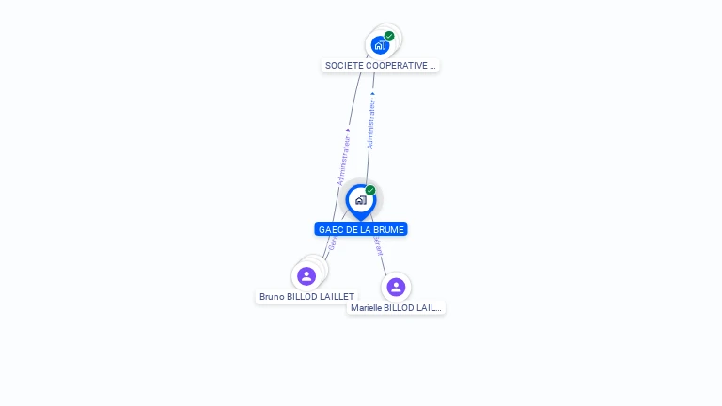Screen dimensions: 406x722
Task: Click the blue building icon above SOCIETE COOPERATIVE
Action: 380,45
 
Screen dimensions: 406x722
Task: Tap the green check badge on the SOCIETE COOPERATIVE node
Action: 389,37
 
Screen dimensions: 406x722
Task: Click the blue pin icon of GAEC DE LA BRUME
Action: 360,200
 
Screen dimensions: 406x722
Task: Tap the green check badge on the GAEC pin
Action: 370,191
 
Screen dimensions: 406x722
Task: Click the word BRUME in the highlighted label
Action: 388,229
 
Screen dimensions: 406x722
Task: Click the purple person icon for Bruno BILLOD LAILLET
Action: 306,276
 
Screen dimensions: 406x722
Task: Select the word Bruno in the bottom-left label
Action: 272,297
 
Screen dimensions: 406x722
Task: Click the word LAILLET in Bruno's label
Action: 337,297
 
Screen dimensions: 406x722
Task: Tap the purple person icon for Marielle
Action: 396,287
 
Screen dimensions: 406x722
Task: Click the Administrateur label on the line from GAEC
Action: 371,125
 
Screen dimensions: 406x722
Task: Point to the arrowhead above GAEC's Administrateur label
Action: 373,94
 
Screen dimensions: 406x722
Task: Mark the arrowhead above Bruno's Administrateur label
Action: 348,130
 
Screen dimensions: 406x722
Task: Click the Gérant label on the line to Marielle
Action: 378,246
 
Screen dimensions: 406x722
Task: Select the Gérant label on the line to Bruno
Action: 332,243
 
